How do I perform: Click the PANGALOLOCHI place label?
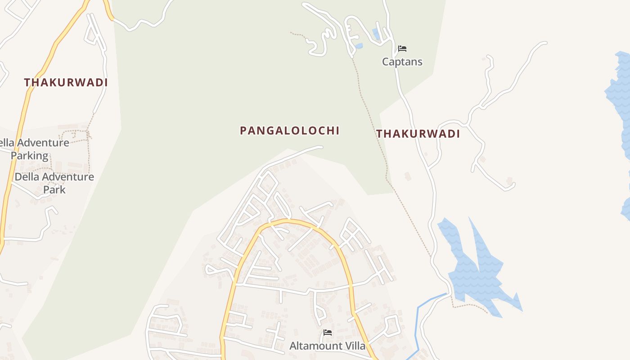(289, 131)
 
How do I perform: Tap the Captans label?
(402, 62)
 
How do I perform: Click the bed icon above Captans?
(402, 49)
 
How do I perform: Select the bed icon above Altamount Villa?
(328, 333)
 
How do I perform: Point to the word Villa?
(354, 346)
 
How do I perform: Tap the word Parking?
(29, 156)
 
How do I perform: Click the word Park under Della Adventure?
(54, 189)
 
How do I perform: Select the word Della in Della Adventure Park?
(27, 177)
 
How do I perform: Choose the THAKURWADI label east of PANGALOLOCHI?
(418, 134)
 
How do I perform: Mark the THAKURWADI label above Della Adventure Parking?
(66, 83)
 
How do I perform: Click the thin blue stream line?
(418, 315)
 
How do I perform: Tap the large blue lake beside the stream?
(472, 274)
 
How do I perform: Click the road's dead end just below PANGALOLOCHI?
(321, 147)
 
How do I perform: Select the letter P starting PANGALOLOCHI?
(243, 131)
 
